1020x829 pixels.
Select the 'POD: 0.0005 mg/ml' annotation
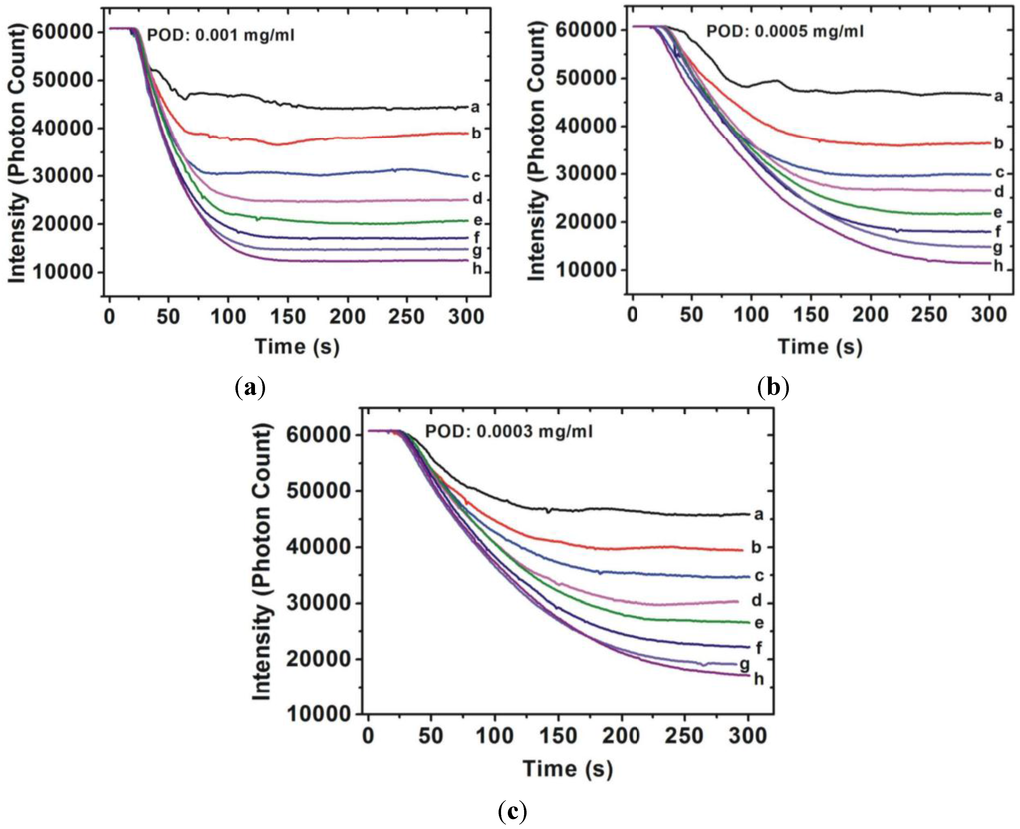785,31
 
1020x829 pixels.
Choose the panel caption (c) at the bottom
510,809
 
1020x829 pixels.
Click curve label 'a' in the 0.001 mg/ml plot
476,107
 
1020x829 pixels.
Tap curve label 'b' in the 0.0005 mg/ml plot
998,143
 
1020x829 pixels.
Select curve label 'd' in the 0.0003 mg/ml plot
758,601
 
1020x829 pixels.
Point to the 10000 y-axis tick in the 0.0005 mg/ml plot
588,270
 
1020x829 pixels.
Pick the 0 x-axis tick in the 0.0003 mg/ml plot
369,738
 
